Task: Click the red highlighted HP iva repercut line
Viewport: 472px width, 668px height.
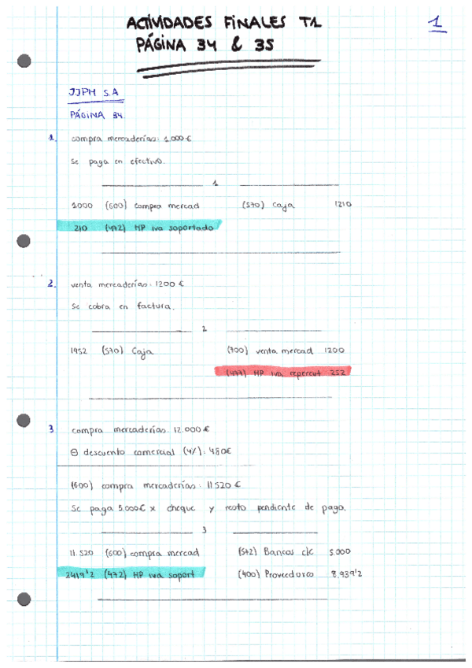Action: click(x=282, y=371)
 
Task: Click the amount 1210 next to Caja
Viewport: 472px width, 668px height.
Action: click(x=342, y=205)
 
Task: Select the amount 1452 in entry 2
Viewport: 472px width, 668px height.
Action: click(x=79, y=351)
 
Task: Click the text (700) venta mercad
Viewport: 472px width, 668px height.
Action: click(x=270, y=351)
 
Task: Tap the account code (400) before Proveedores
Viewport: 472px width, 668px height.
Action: click(x=249, y=574)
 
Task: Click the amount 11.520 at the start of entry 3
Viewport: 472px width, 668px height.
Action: click(x=83, y=552)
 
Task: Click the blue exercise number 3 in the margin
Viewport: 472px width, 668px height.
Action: click(x=50, y=429)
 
